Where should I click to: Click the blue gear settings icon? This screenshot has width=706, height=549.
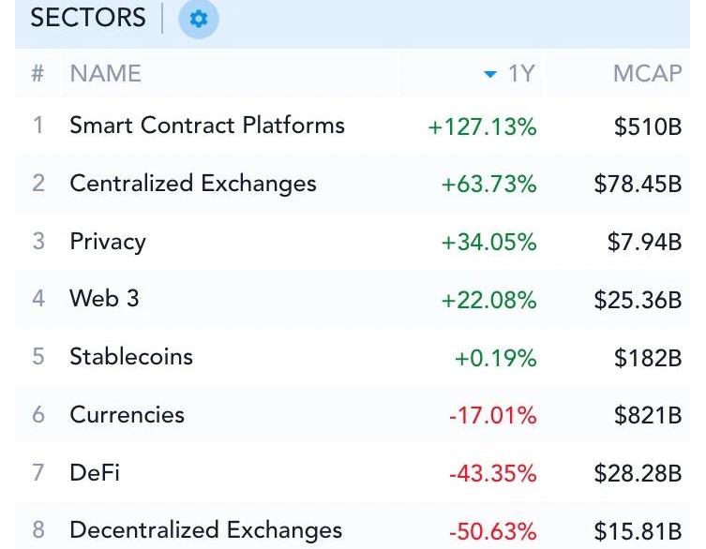pyautogui.click(x=198, y=19)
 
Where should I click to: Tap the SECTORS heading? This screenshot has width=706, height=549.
pyautogui.click(x=88, y=19)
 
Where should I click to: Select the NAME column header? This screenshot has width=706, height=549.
pyautogui.click(x=105, y=74)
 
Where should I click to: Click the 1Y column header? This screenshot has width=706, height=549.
pyautogui.click(x=520, y=74)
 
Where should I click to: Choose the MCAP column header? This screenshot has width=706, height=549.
pyautogui.click(x=647, y=74)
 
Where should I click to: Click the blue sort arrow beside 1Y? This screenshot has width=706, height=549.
pyautogui.click(x=489, y=75)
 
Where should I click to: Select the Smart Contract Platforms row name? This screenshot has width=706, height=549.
pyautogui.click(x=207, y=126)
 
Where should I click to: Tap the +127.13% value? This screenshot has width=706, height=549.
pyautogui.click(x=482, y=127)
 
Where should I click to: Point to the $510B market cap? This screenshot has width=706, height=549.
pyautogui.click(x=647, y=127)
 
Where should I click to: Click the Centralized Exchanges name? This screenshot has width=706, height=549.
pyautogui.click(x=193, y=184)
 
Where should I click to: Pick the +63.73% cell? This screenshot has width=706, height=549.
pyautogui.click(x=488, y=185)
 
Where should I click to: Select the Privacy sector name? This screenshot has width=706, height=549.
pyautogui.click(x=108, y=242)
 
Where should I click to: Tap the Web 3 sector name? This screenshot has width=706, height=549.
pyautogui.click(x=104, y=299)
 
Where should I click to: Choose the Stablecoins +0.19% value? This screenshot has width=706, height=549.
pyautogui.click(x=495, y=358)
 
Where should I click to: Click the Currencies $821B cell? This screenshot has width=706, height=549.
pyautogui.click(x=647, y=415)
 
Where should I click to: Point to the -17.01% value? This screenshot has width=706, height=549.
pyautogui.click(x=492, y=415)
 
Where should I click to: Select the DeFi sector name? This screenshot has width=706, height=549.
pyautogui.click(x=95, y=472)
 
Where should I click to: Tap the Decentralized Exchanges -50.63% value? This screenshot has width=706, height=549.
pyautogui.click(x=492, y=531)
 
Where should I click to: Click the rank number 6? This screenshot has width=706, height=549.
pyautogui.click(x=38, y=415)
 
